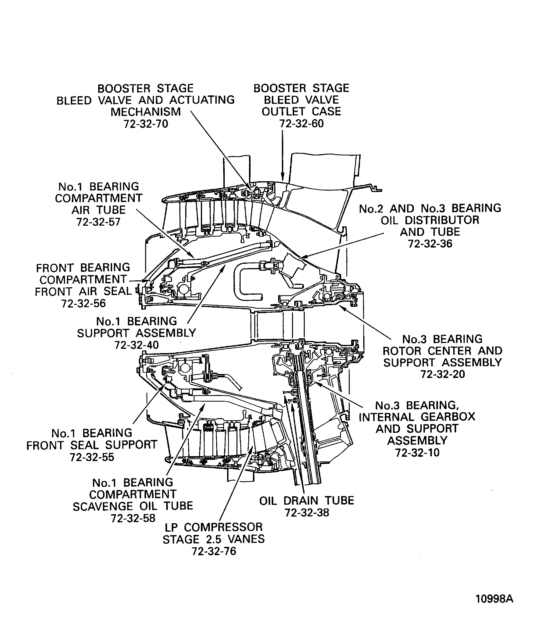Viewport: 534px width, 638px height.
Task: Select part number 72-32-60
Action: (x=301, y=124)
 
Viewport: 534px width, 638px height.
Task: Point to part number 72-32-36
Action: (x=430, y=244)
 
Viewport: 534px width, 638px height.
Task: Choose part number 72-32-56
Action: (x=84, y=303)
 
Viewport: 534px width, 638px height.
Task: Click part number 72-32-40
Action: (x=137, y=345)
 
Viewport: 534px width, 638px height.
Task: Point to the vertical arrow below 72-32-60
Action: (x=283, y=155)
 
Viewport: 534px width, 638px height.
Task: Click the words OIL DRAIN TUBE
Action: (x=307, y=501)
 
